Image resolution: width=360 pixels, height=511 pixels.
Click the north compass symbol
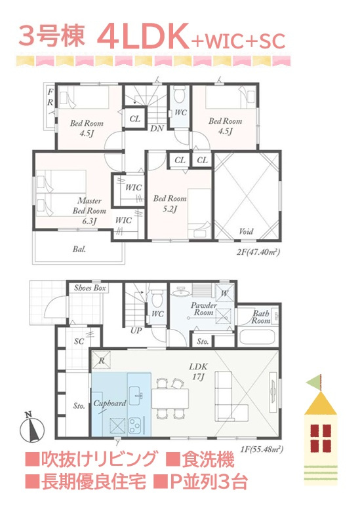tap(32, 427)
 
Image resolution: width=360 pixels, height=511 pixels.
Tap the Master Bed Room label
tap(89, 210)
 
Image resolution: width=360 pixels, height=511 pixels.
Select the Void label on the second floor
tap(246, 231)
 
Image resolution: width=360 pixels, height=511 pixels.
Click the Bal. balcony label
tap(79, 250)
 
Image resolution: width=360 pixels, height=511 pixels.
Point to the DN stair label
tap(157, 128)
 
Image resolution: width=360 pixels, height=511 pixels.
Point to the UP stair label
tap(136, 330)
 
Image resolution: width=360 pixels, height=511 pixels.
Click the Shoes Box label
tap(90, 288)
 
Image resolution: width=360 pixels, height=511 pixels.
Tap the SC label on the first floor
tap(79, 341)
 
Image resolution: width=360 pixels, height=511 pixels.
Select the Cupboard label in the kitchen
tap(110, 404)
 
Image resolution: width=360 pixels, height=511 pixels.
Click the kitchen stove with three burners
tap(135, 425)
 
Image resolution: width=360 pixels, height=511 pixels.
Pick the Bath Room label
tap(261, 317)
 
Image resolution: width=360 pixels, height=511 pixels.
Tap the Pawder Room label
tap(204, 309)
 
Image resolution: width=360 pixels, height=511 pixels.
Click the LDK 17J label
tap(198, 371)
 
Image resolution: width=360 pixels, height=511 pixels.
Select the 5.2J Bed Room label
tap(170, 203)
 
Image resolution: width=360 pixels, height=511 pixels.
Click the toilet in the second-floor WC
tap(179, 95)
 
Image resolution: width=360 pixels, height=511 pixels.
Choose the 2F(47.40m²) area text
tap(259, 252)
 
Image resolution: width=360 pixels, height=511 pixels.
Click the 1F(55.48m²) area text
tap(261, 449)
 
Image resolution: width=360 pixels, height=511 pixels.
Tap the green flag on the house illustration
tap(313, 381)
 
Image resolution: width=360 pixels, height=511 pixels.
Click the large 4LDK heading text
tap(143, 37)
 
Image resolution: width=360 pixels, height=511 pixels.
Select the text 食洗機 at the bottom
tap(208, 460)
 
